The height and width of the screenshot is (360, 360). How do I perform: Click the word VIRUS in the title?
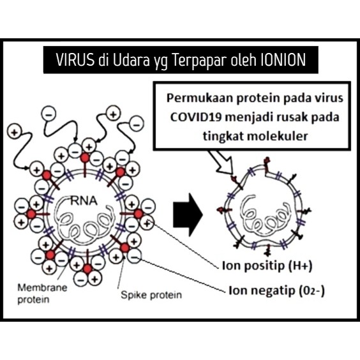pyautogui.click(x=75, y=60)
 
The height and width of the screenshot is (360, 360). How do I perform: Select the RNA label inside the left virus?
pyautogui.click(x=84, y=201)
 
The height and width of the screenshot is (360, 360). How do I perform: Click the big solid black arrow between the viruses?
pyautogui.click(x=188, y=214)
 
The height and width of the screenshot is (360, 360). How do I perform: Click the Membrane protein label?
pyautogui.click(x=43, y=294)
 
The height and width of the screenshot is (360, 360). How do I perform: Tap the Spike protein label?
pyautogui.click(x=151, y=295)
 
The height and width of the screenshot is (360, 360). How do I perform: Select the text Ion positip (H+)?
pyautogui.click(x=267, y=266)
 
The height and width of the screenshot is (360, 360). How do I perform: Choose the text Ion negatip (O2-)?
pyautogui.click(x=276, y=290)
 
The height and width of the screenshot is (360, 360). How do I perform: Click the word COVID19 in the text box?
pyautogui.click(x=196, y=117)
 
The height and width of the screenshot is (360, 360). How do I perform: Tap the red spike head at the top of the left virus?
pyautogui.click(x=85, y=158)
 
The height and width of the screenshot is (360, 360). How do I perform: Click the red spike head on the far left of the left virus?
pyautogui.click(x=31, y=214)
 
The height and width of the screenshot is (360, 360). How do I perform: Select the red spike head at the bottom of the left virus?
pyautogui.click(x=87, y=269)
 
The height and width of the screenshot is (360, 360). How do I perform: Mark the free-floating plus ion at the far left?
pyautogui.click(x=15, y=132)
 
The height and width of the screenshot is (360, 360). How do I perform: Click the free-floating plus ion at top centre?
pyautogui.click(x=113, y=113)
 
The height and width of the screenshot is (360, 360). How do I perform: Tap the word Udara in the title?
pyautogui.click(x=131, y=60)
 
